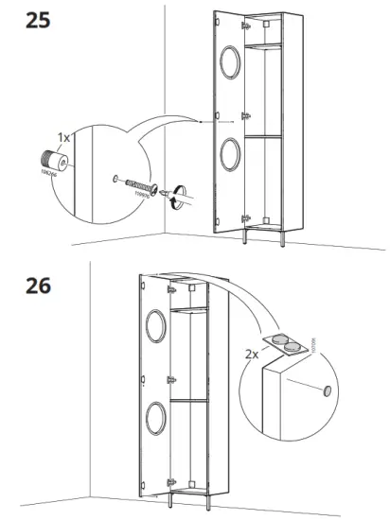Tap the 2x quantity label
click(x=250, y=355)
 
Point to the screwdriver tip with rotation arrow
click(x=172, y=194)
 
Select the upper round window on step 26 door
click(x=155, y=327)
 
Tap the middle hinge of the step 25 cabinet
click(x=245, y=115)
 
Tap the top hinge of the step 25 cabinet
click(x=244, y=39)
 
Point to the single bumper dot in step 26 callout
click(x=326, y=390)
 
